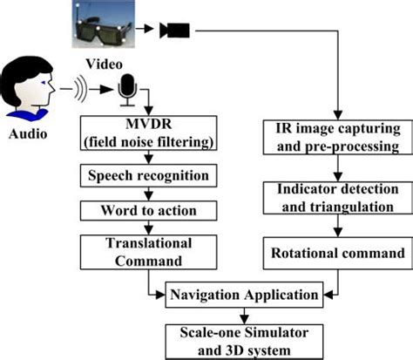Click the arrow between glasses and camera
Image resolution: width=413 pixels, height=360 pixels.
pos(146,31)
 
